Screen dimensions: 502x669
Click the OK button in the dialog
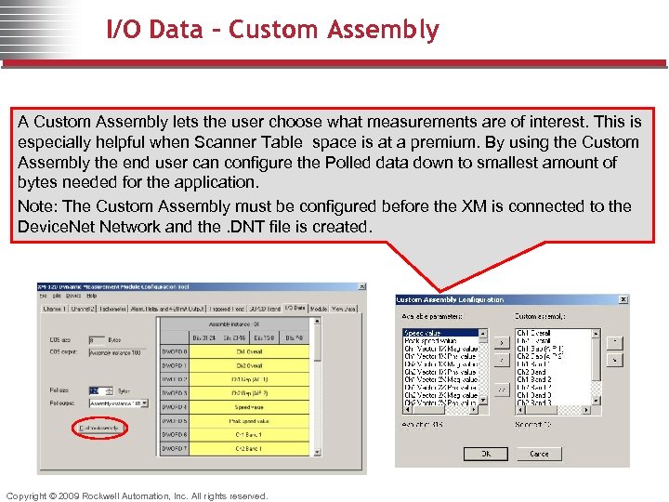486,454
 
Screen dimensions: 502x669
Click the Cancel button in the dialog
540,454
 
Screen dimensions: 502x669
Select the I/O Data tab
294,308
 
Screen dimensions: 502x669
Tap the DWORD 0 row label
174,351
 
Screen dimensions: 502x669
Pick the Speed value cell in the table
249,407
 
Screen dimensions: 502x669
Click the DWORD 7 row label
174,449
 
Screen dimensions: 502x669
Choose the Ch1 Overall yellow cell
249,351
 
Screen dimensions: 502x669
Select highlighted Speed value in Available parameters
423,333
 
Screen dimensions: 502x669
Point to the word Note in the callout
34,206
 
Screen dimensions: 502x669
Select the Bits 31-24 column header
206,337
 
